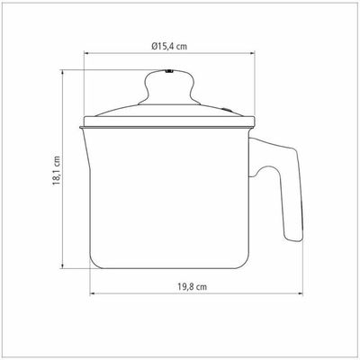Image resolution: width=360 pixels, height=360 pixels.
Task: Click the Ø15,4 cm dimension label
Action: (169, 47)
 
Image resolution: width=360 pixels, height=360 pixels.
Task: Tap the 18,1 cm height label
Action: (57, 170)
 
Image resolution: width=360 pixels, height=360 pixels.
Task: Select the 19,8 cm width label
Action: (192, 286)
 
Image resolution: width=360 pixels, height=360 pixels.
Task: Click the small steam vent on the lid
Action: (226, 109)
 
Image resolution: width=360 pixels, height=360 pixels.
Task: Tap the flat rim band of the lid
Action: (169, 121)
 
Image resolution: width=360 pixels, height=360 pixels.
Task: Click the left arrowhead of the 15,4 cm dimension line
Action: (86, 54)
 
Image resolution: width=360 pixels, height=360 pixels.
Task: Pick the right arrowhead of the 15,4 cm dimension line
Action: (252, 54)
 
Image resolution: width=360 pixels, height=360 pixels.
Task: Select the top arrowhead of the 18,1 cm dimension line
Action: (62, 73)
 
